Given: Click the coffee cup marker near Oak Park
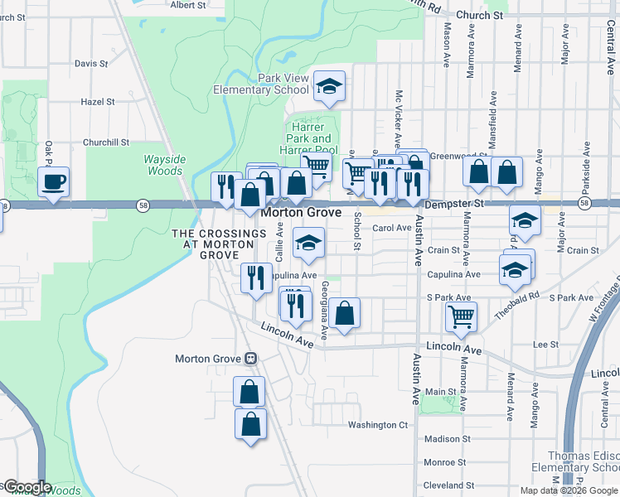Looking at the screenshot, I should coord(54,181).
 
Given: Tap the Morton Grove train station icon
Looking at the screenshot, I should coord(249,359).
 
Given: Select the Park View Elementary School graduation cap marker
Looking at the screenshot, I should coord(329,86).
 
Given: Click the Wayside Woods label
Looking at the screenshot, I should coord(163,165).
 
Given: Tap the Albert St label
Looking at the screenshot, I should coord(187,4).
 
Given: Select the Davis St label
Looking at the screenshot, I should coord(91,63).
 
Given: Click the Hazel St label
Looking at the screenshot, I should coord(98,102).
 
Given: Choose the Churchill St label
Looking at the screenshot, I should coord(106,142).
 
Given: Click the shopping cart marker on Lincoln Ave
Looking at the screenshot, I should coord(461,315).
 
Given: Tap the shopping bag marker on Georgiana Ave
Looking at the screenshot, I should coord(344,312).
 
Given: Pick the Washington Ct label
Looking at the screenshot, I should coord(378,425).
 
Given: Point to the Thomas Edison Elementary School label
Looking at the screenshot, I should coord(584,462).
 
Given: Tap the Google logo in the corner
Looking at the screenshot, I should coord(27,487).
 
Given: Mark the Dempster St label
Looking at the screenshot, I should coord(453,203).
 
